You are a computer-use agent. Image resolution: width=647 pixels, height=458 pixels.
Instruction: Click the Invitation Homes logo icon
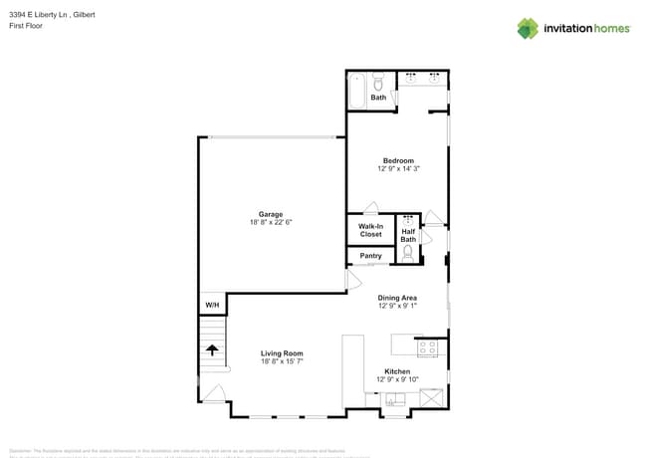coord(528,28)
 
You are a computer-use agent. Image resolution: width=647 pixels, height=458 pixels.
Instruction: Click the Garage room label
coord(271,214)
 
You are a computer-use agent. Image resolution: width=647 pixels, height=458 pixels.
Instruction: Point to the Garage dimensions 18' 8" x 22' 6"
coord(271,222)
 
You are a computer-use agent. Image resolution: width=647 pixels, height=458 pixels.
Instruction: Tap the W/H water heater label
coord(212,305)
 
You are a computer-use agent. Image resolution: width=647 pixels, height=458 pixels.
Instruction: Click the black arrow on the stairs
coord(212,349)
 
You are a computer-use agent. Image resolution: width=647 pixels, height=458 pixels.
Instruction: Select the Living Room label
coord(282,353)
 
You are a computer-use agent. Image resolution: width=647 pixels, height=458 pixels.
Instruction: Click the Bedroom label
coord(398,160)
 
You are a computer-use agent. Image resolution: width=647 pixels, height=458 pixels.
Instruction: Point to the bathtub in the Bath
coord(356,90)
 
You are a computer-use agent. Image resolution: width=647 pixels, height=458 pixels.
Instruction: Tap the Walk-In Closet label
coord(370,230)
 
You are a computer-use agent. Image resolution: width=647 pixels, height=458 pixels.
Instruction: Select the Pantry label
coord(370,256)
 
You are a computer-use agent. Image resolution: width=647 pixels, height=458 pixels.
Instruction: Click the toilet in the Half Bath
coord(408,253)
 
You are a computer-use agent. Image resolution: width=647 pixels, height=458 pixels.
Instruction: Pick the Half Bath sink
coord(408,218)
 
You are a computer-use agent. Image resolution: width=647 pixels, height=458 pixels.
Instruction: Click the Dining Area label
coord(397,298)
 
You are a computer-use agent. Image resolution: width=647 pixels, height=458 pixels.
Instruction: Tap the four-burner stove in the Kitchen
coord(427,347)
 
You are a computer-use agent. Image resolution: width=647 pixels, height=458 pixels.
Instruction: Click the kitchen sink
coord(395,400)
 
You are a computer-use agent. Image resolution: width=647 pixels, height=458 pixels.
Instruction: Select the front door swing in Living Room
coord(214,393)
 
